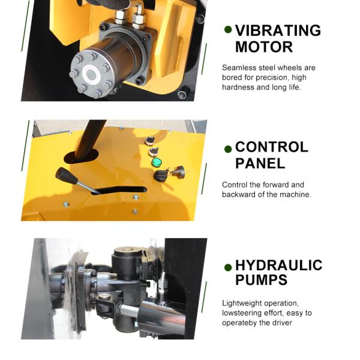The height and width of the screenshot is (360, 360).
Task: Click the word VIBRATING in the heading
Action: [x=278, y=31]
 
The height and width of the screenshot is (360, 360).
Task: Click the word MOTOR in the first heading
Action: [x=256, y=47]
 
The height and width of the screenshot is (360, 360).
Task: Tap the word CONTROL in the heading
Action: [x=271, y=147]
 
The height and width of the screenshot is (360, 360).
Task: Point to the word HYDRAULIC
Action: [x=278, y=265]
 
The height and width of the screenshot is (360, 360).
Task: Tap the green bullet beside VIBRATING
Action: [x=228, y=29]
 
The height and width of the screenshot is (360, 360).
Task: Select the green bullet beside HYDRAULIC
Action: [x=228, y=267]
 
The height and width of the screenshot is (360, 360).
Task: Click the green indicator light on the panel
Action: [x=156, y=162]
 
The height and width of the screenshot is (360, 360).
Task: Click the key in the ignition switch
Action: [x=178, y=172]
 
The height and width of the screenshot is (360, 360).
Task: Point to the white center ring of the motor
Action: [x=92, y=74]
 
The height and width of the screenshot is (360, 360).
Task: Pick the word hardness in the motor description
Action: [x=238, y=87]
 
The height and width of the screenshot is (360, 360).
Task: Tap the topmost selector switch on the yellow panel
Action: [x=150, y=140]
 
